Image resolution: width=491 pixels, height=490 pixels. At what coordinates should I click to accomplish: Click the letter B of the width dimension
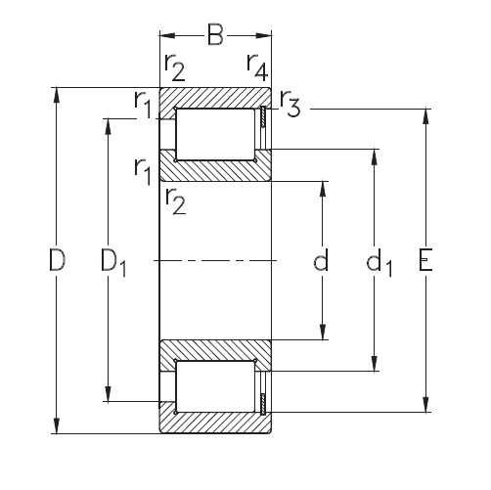coord(216,39)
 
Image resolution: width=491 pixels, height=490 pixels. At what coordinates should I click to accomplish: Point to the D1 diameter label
coord(113,261)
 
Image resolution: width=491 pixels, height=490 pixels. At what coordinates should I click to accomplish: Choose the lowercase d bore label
coord(320,261)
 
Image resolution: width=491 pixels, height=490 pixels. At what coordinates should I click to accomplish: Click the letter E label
coord(426,261)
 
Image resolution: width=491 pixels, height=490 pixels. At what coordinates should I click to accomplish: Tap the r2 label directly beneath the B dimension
coord(176,68)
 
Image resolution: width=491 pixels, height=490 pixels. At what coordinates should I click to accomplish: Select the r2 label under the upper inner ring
coord(177,200)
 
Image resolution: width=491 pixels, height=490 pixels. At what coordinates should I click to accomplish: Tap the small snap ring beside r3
coord(263,117)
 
